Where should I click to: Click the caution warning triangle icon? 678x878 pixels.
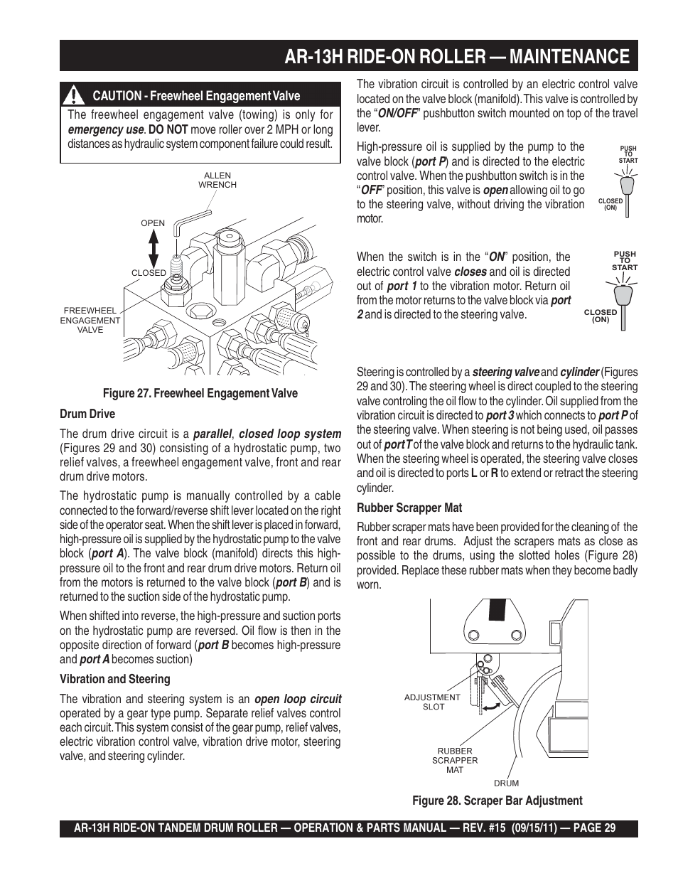[72, 95]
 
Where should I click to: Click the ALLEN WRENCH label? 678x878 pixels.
[217, 180]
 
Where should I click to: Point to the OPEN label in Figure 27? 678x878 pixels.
[153, 223]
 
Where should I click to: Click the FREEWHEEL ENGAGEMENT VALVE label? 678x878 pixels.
[90, 320]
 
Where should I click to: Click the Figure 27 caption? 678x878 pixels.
[200, 393]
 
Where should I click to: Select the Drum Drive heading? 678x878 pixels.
[87, 414]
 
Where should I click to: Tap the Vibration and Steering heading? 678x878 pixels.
[114, 679]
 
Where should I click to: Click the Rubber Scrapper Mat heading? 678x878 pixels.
[409, 508]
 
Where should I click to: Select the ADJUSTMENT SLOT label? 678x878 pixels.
[432, 702]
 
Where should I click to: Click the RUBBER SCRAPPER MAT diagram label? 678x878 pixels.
[454, 760]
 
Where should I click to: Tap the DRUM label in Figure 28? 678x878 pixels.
[506, 783]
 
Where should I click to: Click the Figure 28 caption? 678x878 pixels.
[497, 801]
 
